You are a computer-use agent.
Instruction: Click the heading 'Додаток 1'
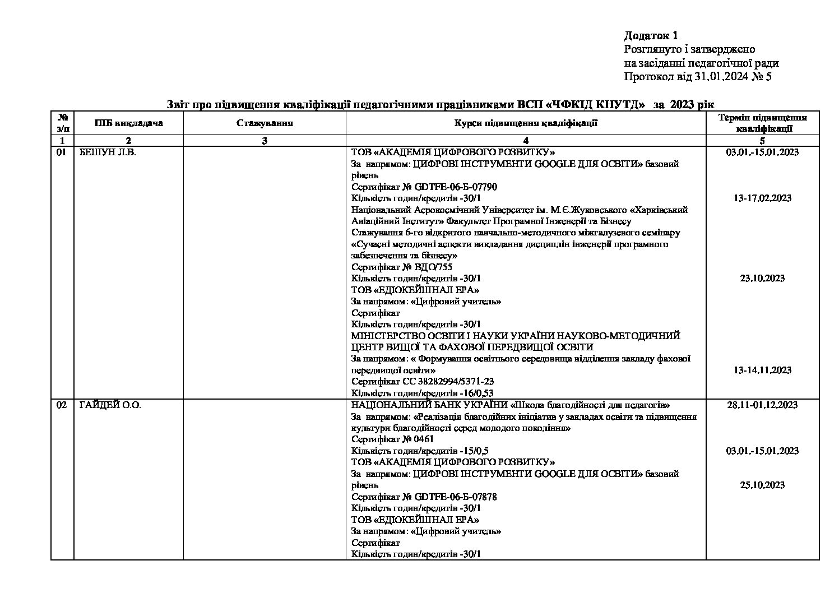coord(651,36)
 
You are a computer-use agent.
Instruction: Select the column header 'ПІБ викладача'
coord(128,123)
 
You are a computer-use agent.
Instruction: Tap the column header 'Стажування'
coord(265,123)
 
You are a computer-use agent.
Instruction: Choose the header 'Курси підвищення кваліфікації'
coord(525,123)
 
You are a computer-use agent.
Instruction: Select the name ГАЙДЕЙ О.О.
coord(110,405)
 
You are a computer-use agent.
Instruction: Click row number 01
coord(62,152)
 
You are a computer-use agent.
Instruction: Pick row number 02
coord(62,405)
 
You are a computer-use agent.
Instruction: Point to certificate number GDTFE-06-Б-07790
coord(456,187)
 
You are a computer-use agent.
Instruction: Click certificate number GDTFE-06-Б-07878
coord(456,497)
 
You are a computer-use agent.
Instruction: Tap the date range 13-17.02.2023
coord(762,198)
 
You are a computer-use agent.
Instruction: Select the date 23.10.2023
coord(762,279)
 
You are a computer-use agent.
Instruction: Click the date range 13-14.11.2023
coord(762,370)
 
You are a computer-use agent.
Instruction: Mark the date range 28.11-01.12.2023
coord(762,405)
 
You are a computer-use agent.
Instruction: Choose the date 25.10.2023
coord(762,485)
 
